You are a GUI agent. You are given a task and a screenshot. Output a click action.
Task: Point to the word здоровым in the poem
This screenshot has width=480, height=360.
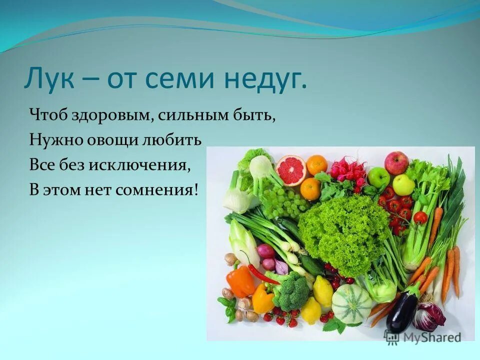[113, 116]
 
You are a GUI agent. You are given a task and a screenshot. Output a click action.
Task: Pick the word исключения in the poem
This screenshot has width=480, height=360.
[139, 164]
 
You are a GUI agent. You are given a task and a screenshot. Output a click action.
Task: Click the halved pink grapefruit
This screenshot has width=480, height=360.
[290, 169]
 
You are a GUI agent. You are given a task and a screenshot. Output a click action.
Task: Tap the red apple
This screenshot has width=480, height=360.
[396, 162]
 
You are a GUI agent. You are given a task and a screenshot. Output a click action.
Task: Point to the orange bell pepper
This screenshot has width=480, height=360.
[240, 280]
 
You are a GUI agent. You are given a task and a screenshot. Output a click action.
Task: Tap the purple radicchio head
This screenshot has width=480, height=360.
[428, 317]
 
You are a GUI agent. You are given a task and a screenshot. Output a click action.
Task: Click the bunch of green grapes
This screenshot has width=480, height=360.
[283, 200]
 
